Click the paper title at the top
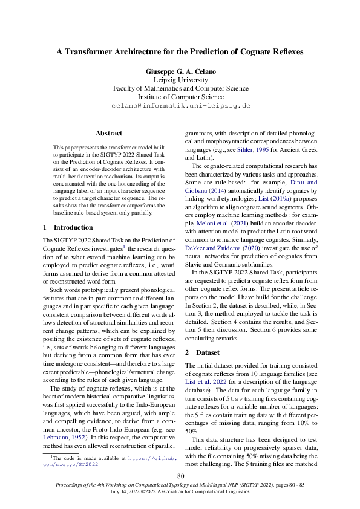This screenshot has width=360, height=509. (x=180, y=53)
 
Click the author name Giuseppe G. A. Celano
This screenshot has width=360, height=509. (x=180, y=71)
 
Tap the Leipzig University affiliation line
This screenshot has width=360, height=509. (x=180, y=79)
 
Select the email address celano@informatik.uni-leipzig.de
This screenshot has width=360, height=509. (x=180, y=105)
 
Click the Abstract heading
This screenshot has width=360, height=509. (x=109, y=133)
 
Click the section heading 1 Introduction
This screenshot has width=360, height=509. (x=68, y=227)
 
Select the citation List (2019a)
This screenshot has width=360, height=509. (x=256, y=199)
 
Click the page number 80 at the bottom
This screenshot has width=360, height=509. (x=180, y=476)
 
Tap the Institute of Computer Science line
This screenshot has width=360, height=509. (x=180, y=96)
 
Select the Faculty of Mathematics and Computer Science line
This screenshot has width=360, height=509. (x=180, y=88)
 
